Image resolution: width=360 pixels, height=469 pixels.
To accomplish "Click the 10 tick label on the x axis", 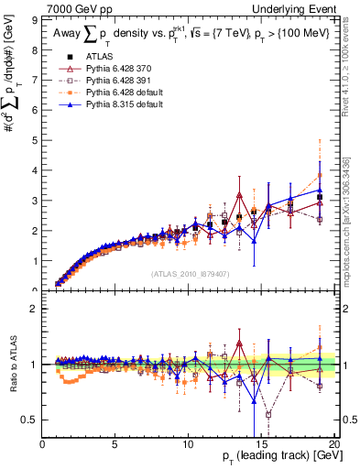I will (189, 445).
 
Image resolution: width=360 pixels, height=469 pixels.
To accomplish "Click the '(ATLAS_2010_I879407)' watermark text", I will (189, 273).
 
